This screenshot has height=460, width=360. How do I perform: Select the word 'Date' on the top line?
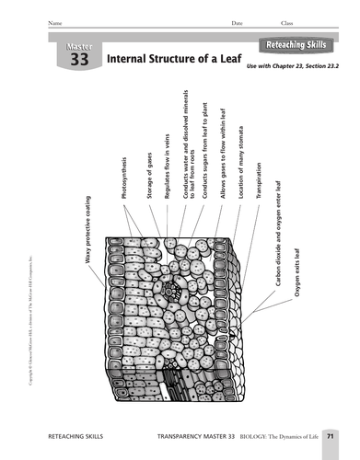pyautogui.click(x=238, y=23)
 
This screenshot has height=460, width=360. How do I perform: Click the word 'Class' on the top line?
pyautogui.click(x=286, y=23)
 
